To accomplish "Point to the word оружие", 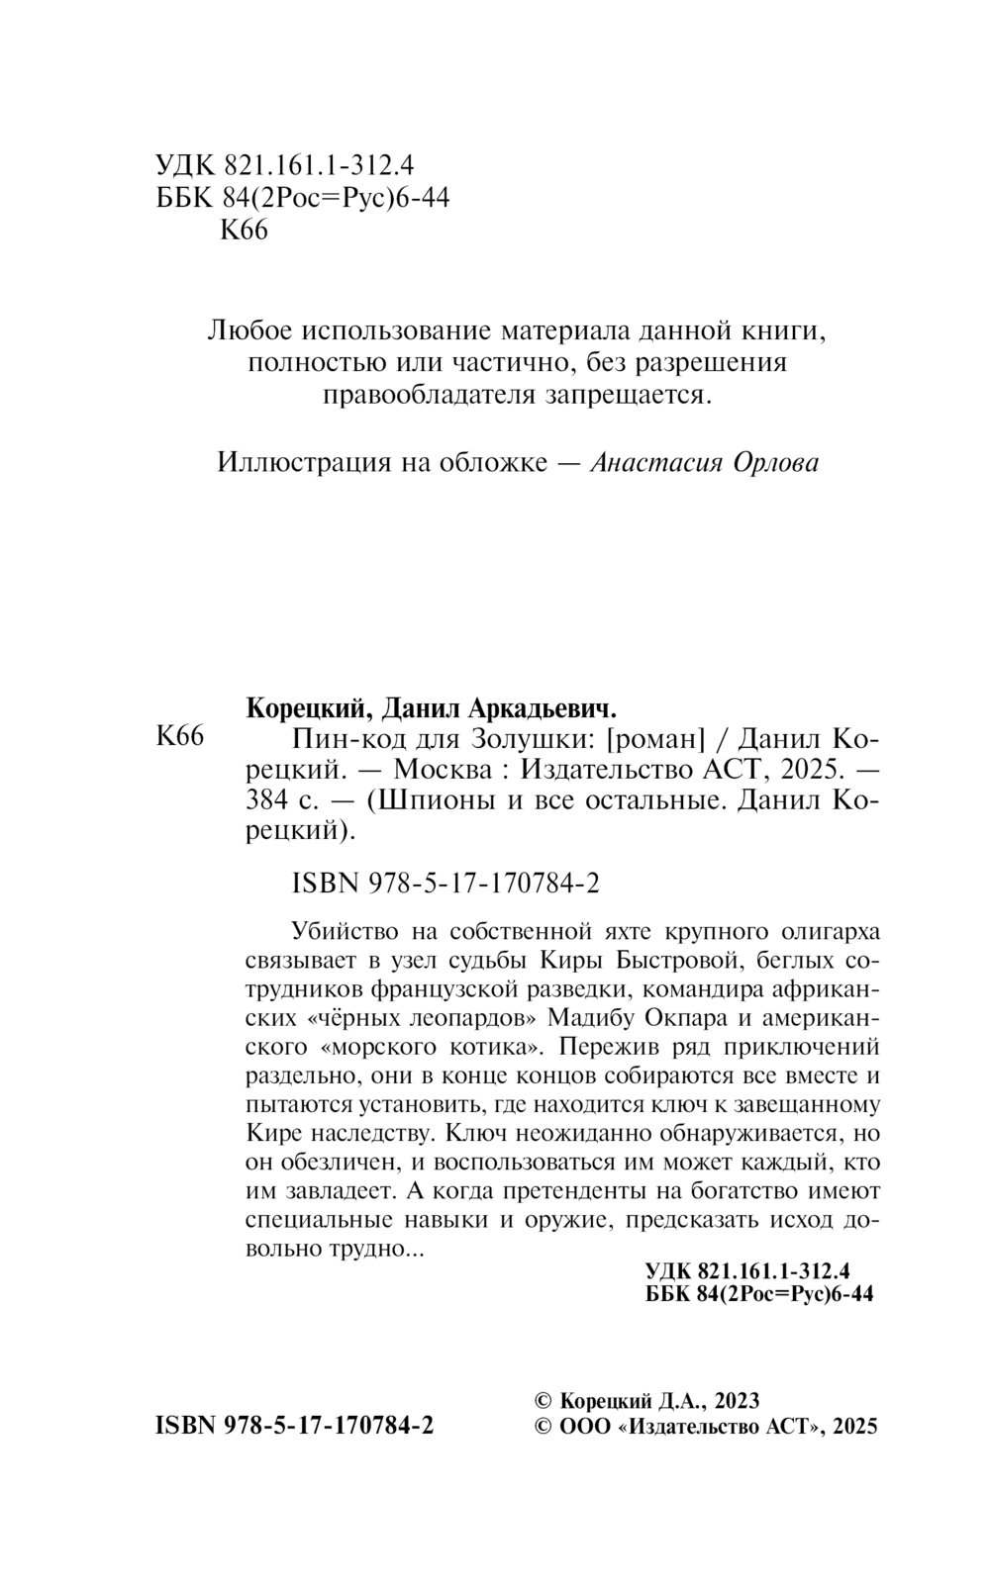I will coord(560,1219).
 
